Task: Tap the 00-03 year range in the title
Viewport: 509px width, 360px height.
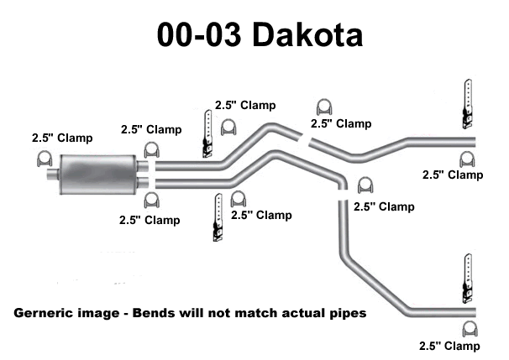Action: [x=194, y=35]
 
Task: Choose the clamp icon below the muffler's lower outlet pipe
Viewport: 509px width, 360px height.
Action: [x=152, y=200]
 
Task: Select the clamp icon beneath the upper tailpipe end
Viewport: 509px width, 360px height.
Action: [x=466, y=158]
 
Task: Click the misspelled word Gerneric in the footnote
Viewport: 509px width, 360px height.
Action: [x=45, y=313]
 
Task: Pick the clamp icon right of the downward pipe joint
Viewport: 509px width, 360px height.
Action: [x=365, y=185]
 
